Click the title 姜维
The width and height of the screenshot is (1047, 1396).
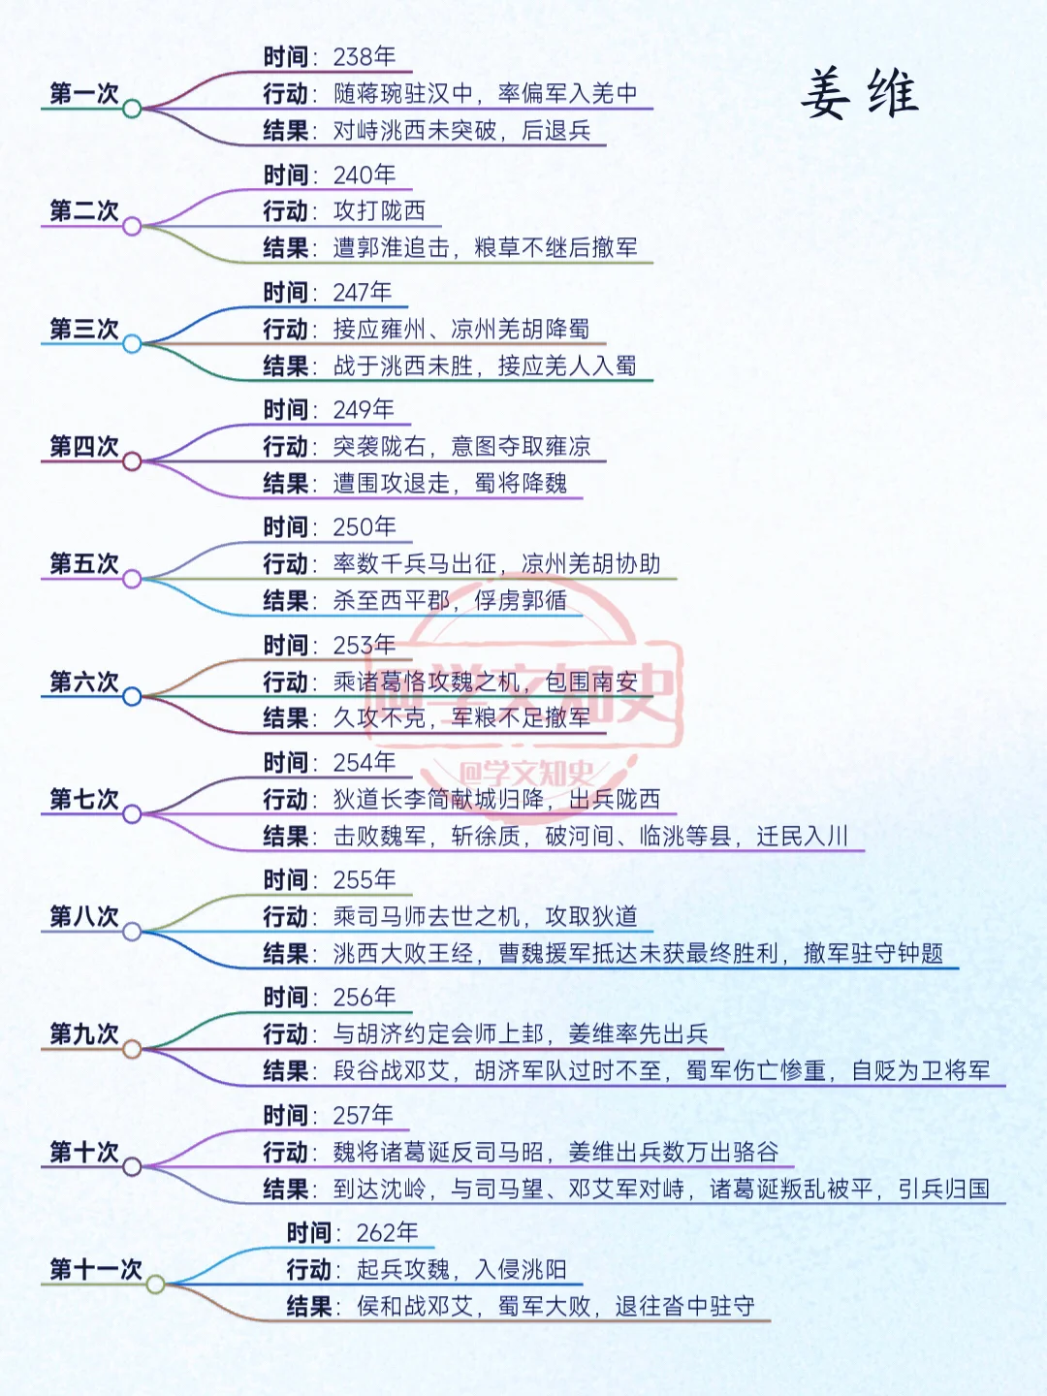pyautogui.click(x=859, y=94)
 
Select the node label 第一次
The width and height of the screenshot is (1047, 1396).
pyautogui.click(x=84, y=93)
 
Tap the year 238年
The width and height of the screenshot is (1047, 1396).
pyautogui.click(x=365, y=57)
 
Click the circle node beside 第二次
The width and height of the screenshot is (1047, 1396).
pyautogui.click(x=132, y=227)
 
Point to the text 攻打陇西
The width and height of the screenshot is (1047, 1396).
pyautogui.click(x=379, y=210)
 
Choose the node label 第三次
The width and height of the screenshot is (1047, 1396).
pyautogui.click(x=84, y=329)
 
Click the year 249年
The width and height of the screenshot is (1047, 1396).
pyautogui.click(x=364, y=410)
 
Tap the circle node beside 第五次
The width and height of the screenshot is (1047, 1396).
pyautogui.click(x=132, y=580)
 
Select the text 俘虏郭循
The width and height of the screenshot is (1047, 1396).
pyautogui.click(x=521, y=601)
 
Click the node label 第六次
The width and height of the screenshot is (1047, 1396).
pyautogui.click(x=84, y=682)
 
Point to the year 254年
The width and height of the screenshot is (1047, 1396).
pyautogui.click(x=365, y=763)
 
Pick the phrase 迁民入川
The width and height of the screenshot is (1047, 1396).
pyautogui.click(x=802, y=836)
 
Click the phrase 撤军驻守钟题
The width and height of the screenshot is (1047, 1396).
pyautogui.click(x=872, y=954)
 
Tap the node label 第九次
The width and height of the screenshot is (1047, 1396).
pyautogui.click(x=84, y=1033)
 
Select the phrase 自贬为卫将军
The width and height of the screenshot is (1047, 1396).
pyautogui.click(x=921, y=1071)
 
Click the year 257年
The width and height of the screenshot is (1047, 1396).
pyautogui.click(x=364, y=1116)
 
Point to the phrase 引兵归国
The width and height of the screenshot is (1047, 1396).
pyautogui.click(x=943, y=1190)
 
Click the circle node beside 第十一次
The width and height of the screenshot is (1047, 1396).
pyautogui.click(x=155, y=1285)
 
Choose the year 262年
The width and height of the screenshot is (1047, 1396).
pyautogui.click(x=387, y=1233)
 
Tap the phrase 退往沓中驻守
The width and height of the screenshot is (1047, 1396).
pyautogui.click(x=684, y=1307)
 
